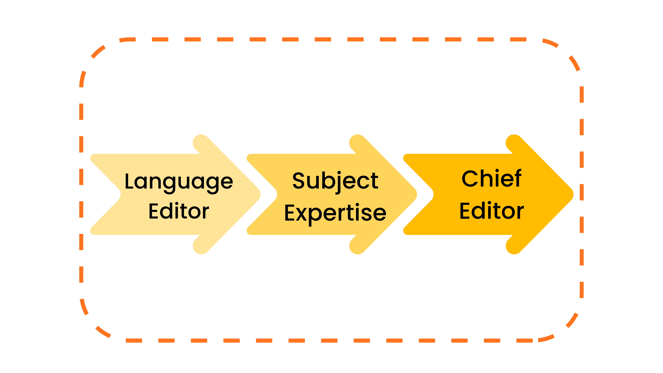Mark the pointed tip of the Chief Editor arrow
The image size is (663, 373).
pos(573,194)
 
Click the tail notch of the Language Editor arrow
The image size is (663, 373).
pos(120,194)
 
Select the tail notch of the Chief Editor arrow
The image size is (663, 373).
pos(433,194)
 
